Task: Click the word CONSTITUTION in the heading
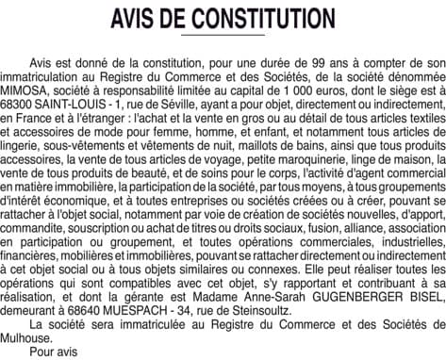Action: [x=261, y=20]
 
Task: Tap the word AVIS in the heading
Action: [x=139, y=20]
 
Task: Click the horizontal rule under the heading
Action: [x=223, y=36]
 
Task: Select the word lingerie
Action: [x=26, y=145]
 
